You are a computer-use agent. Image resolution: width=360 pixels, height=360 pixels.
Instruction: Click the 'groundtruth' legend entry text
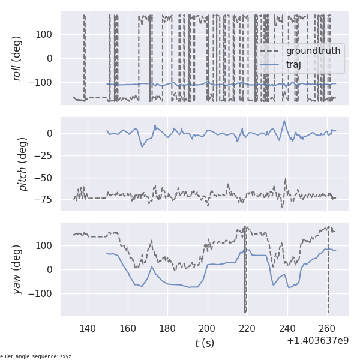point(313,51)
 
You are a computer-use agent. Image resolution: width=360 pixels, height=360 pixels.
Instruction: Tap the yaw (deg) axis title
point(19,269)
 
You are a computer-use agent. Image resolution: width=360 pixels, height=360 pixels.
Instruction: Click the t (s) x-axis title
point(204,343)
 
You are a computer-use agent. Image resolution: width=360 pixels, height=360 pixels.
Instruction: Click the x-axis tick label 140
point(88,328)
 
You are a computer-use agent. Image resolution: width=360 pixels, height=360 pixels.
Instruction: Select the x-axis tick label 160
point(128,328)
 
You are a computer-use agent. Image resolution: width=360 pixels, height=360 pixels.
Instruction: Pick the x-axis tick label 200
point(208,328)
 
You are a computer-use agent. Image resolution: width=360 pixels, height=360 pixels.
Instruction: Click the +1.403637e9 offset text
point(317,340)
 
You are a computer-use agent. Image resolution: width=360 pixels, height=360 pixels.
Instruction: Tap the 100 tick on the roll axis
point(44,34)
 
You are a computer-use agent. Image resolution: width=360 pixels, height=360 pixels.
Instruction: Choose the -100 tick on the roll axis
point(41,82)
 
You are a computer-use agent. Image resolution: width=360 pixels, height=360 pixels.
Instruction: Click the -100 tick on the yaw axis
point(41,293)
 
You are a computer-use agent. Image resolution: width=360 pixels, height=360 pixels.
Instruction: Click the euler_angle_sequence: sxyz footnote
point(36,356)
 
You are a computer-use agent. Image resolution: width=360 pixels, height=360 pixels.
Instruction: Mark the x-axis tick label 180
point(167,328)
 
